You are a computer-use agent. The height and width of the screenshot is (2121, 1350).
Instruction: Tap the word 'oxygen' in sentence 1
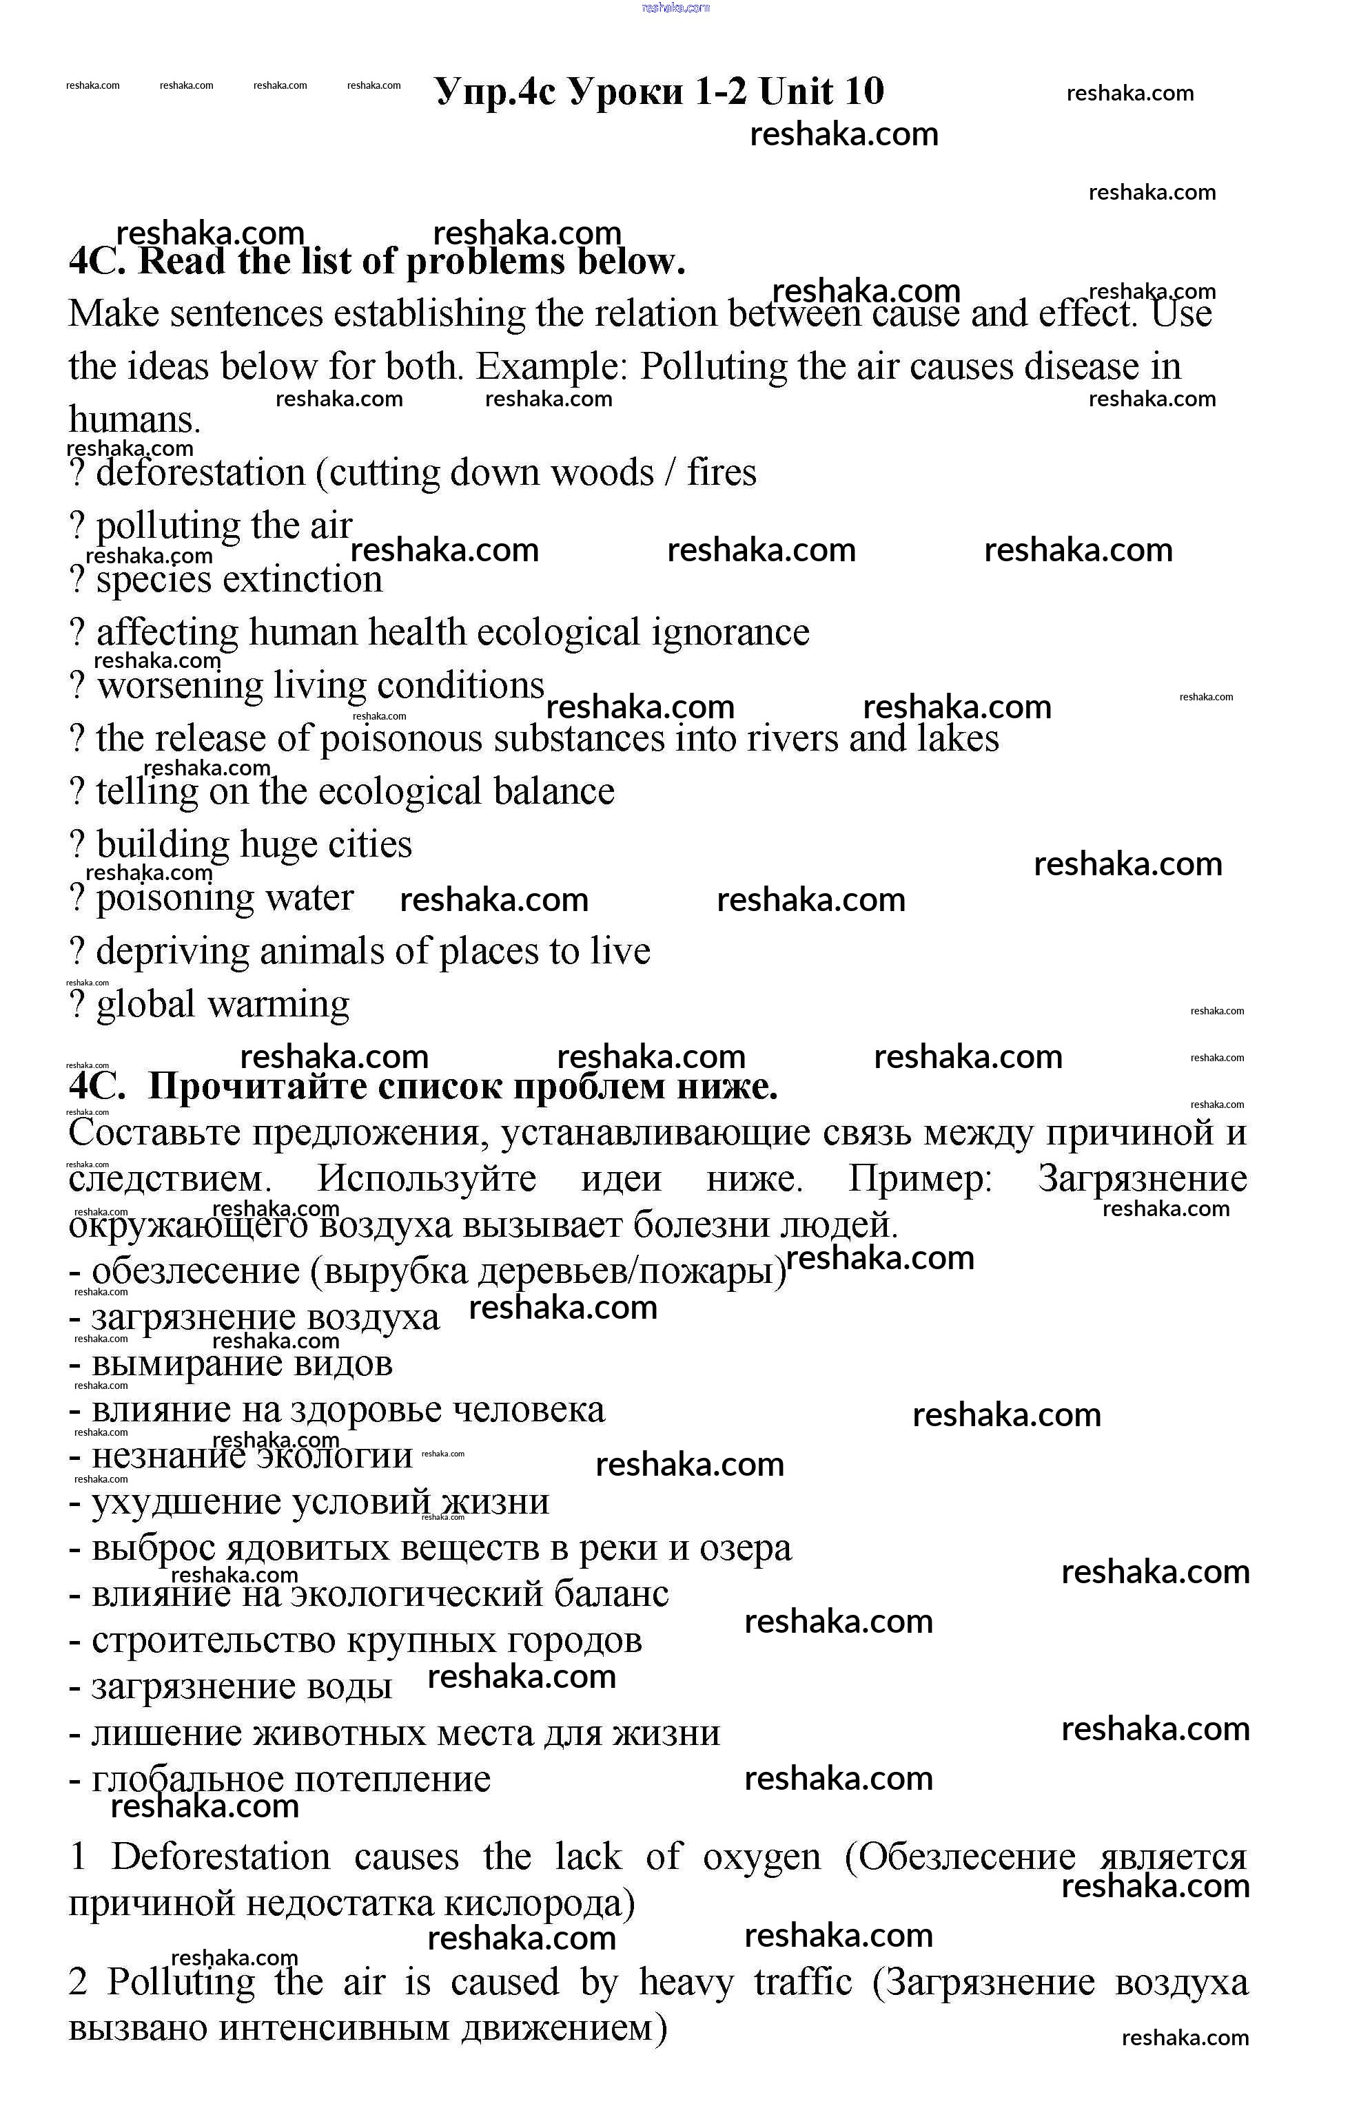[x=761, y=1856]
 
